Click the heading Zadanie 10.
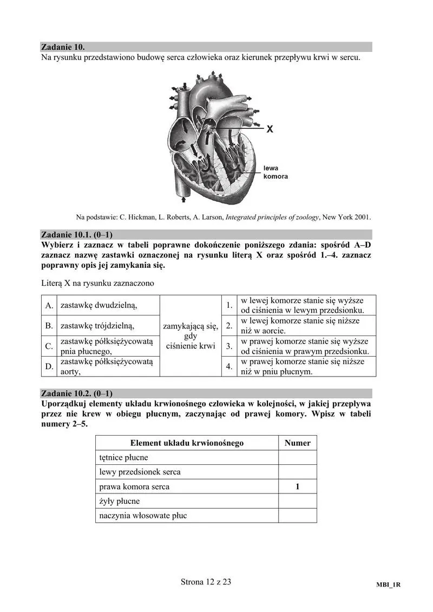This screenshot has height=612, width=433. pos(63,47)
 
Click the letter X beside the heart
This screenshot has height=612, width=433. pos(270,129)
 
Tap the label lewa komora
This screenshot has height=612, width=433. pos(275,173)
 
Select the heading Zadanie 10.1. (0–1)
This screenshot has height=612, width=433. pos(77,234)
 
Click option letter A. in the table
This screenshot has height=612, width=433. pos(49,305)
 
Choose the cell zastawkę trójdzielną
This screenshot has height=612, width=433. pos(97,326)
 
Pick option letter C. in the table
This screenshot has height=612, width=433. pos(49,346)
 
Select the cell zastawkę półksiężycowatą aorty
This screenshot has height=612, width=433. pos(107,366)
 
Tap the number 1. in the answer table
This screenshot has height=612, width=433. pos(229,305)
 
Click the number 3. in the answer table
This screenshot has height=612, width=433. pos(229,346)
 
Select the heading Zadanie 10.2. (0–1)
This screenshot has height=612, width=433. pos(77,393)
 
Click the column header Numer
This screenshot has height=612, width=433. pos(297,443)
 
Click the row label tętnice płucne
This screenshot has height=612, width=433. pos(124,457)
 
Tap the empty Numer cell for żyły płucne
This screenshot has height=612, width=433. pos(297,501)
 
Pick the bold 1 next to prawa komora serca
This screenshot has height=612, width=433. pos(297,486)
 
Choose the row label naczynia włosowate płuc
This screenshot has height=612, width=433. pos(143,516)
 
